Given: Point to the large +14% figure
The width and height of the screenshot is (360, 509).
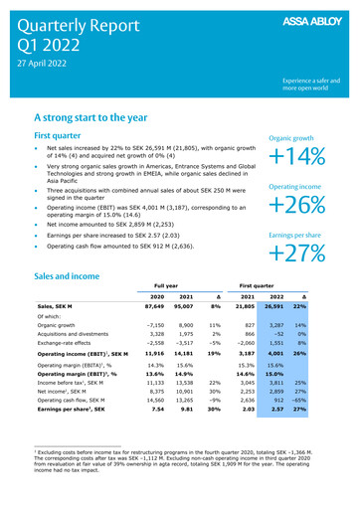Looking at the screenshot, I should point(305,157).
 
